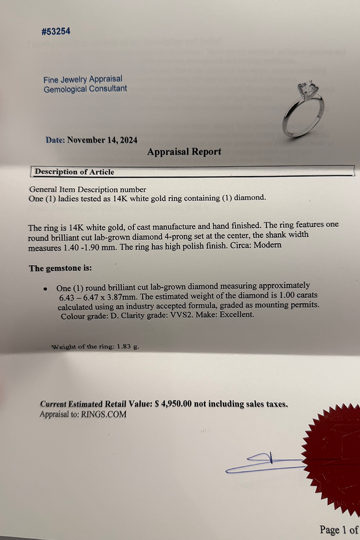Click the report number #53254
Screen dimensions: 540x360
[x=55, y=31]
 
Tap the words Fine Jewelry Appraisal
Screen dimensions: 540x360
[x=83, y=80]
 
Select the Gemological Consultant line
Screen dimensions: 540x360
[x=85, y=89]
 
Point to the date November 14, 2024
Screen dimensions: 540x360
[x=102, y=140]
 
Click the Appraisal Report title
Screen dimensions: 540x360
[x=184, y=152]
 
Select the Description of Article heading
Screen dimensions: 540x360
[x=74, y=172]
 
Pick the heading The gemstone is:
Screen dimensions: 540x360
[x=60, y=268]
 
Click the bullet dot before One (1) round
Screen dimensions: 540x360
[x=45, y=289]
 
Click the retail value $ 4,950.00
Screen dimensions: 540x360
[x=174, y=404]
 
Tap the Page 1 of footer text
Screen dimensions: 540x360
[x=339, y=530]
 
